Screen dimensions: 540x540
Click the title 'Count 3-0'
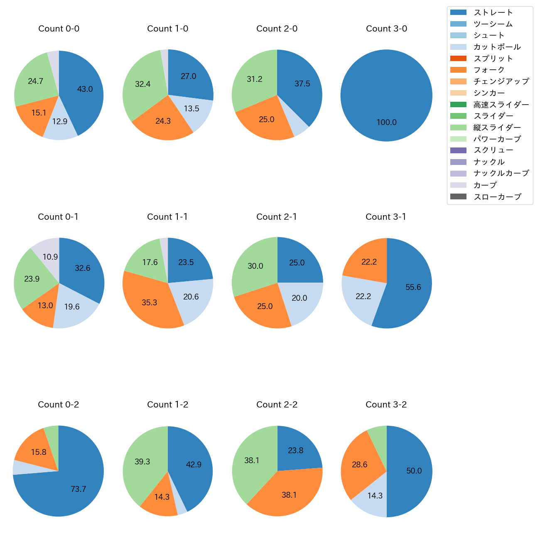(386, 29)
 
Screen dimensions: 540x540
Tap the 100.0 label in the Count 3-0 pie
(386, 122)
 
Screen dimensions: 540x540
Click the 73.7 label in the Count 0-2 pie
(78, 489)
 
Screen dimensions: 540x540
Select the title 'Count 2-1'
(277, 217)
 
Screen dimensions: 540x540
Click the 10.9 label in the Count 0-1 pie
(50, 257)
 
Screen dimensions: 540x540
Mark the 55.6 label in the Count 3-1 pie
(413, 287)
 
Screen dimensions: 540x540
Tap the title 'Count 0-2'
(58, 405)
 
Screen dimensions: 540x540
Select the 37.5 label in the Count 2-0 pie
(302, 83)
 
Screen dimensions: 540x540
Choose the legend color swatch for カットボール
(458, 47)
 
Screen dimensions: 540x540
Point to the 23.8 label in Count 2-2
(295, 450)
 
